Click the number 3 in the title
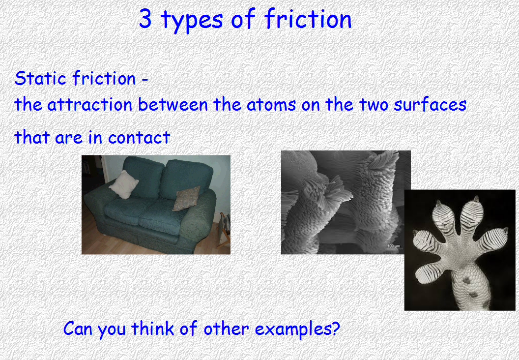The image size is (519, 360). [145, 19]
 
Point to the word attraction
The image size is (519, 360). [90, 105]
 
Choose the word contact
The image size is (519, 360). [139, 137]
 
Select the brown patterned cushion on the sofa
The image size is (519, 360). [186, 198]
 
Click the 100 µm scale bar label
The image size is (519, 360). [394, 246]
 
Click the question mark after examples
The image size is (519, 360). [336, 328]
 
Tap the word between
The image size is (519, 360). [173, 104]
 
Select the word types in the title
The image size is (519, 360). [192, 20]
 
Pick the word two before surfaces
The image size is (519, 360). [374, 105]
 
